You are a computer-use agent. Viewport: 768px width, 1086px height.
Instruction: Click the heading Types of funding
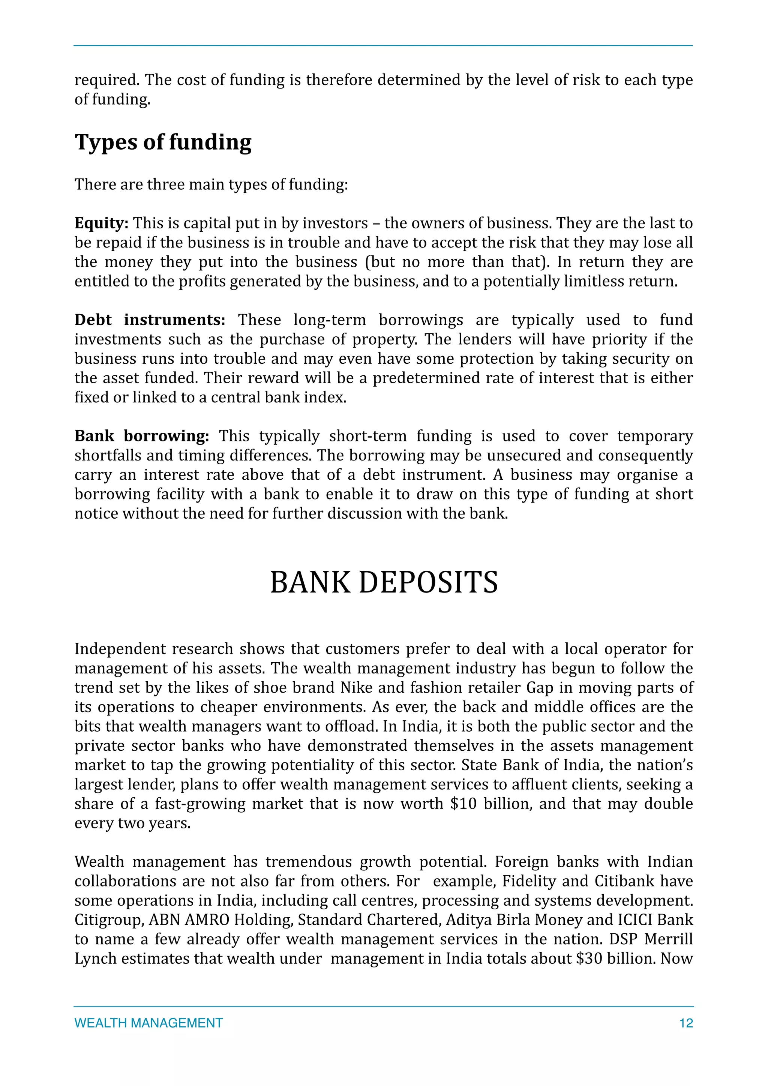(x=163, y=142)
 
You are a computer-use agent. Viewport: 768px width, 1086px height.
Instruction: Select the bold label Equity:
(x=101, y=223)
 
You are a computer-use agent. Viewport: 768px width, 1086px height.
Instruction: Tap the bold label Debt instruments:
(x=150, y=320)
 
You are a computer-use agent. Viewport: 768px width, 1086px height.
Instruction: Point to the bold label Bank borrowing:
(x=141, y=436)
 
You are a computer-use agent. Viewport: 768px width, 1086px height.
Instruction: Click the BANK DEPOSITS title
(x=384, y=582)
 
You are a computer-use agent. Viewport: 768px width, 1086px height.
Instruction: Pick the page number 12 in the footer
(x=686, y=1023)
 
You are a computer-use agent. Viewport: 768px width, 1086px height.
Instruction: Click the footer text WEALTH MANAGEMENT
(x=148, y=1023)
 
